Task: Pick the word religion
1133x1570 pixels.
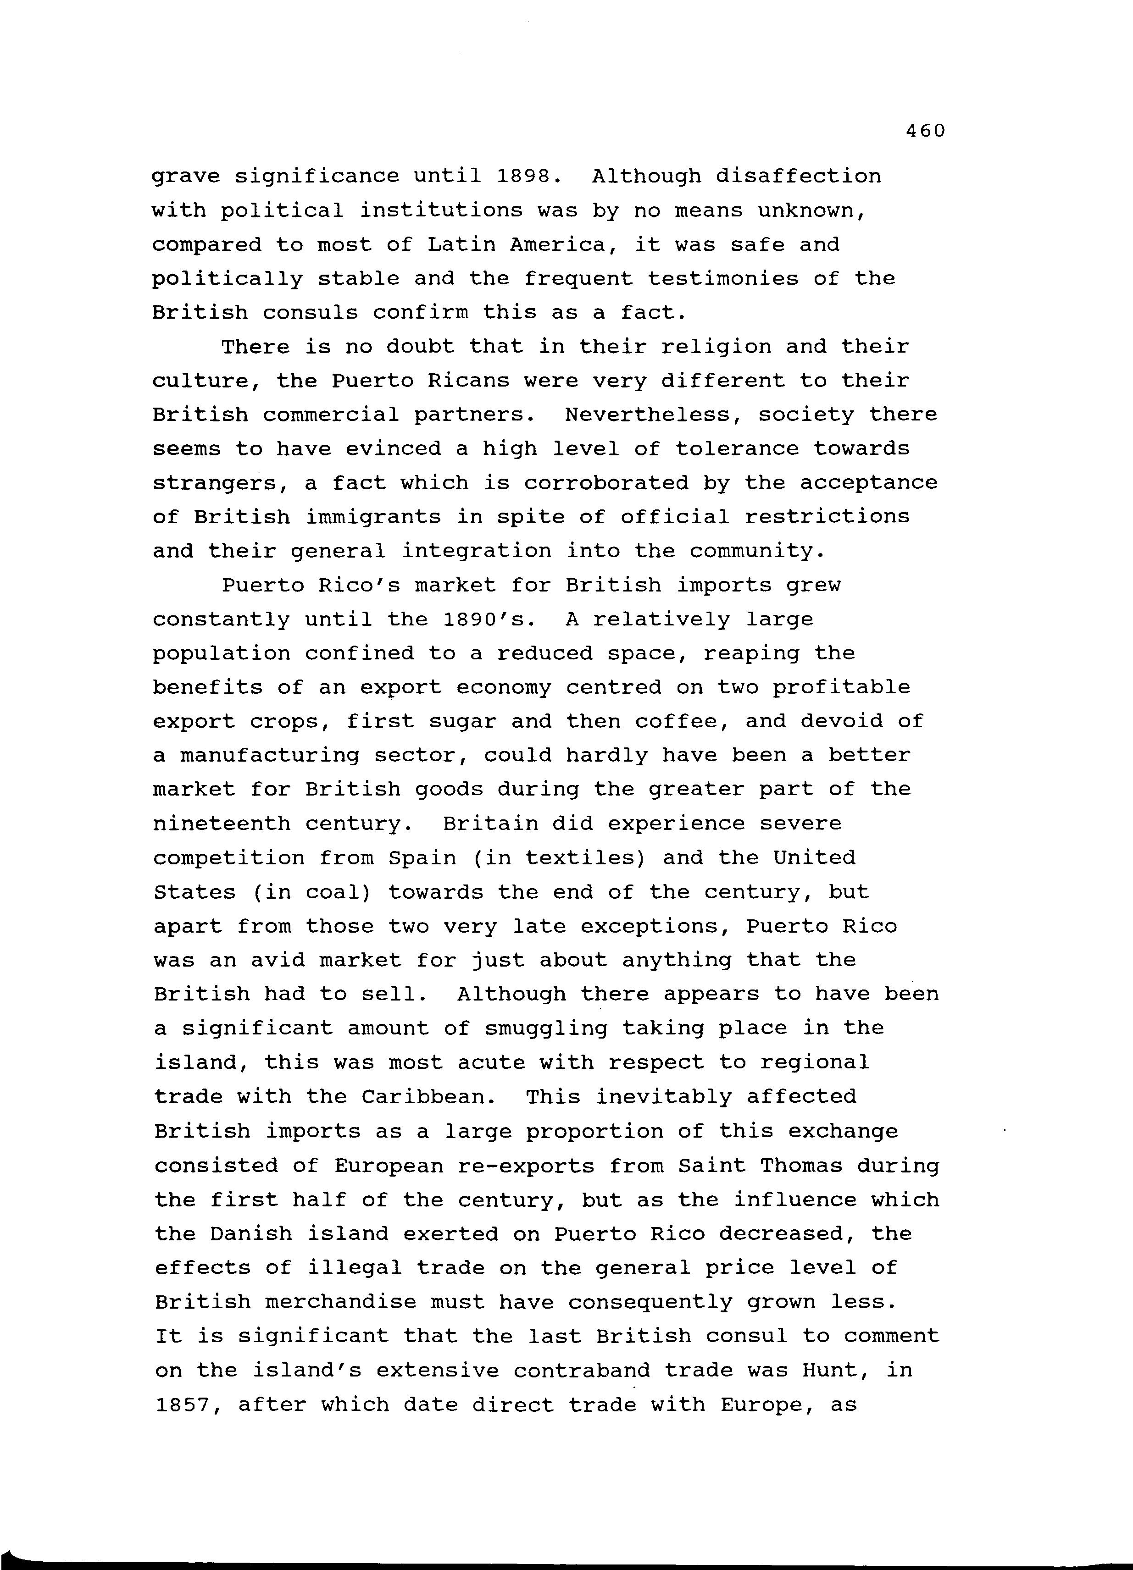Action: pos(716,346)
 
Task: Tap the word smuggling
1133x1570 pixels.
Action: pos(546,1028)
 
